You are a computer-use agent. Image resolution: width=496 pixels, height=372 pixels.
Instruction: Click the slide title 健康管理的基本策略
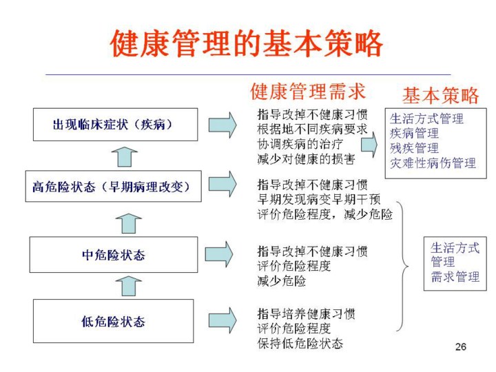(x=247, y=44)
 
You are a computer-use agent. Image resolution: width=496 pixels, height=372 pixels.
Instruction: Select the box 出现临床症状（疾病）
(x=113, y=125)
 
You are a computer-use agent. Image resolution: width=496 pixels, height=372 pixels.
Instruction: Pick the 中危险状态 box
(x=113, y=254)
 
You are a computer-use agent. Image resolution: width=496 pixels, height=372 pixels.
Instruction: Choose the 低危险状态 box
(x=113, y=320)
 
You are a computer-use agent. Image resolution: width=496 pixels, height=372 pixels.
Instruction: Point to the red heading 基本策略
(x=440, y=95)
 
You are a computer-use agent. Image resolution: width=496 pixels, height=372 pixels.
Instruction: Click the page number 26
(x=461, y=347)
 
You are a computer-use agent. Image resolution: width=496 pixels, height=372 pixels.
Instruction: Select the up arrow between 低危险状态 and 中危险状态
(x=127, y=286)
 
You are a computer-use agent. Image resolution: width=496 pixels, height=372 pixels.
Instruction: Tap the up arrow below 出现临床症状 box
(x=123, y=157)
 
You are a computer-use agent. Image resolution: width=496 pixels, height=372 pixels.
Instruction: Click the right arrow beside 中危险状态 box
(x=220, y=254)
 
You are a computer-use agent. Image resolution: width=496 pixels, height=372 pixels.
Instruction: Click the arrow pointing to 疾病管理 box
(x=369, y=144)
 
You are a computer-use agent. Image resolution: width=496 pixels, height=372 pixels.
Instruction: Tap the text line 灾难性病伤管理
(x=433, y=164)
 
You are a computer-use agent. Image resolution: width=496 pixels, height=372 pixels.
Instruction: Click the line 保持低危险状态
(x=300, y=343)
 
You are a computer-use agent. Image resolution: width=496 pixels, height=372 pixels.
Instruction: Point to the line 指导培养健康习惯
(x=307, y=314)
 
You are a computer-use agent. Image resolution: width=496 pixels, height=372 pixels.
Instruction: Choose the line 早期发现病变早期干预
(x=316, y=199)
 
